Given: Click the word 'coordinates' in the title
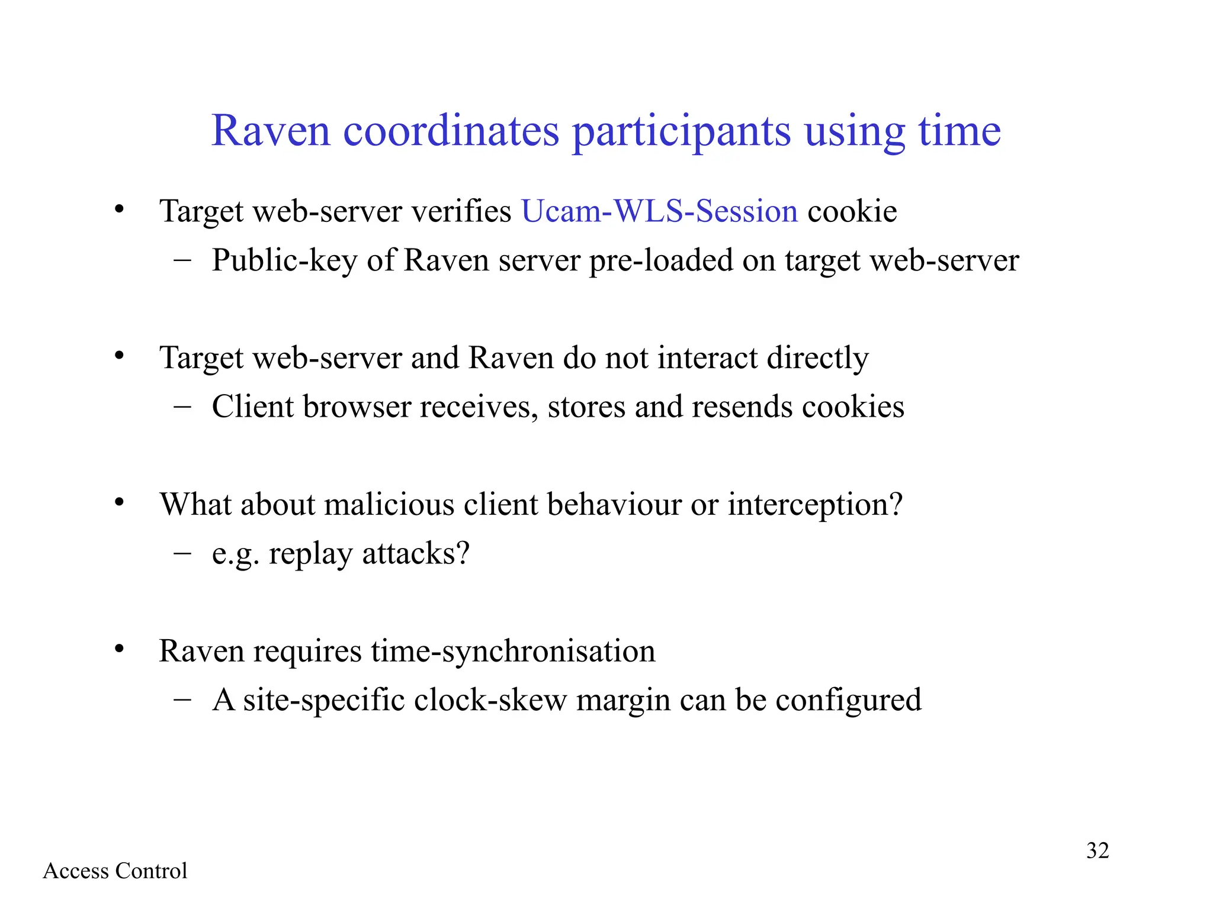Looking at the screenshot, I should (451, 131).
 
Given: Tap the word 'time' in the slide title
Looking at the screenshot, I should (960, 131).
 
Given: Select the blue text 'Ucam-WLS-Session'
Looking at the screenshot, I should (659, 211).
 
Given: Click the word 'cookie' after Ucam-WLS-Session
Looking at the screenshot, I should (852, 211).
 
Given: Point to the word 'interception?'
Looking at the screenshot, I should (815, 505).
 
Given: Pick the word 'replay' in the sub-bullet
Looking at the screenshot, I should (310, 554).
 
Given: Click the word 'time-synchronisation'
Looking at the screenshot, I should (513, 651).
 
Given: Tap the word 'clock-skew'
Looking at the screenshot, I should (490, 700).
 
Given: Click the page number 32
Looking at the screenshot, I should (1097, 850).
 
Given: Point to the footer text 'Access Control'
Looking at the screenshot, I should (115, 871).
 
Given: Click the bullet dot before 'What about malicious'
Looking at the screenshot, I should (119, 502).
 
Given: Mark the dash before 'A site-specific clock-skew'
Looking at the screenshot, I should (182, 699).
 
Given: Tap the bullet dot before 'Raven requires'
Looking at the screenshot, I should (119, 649).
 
